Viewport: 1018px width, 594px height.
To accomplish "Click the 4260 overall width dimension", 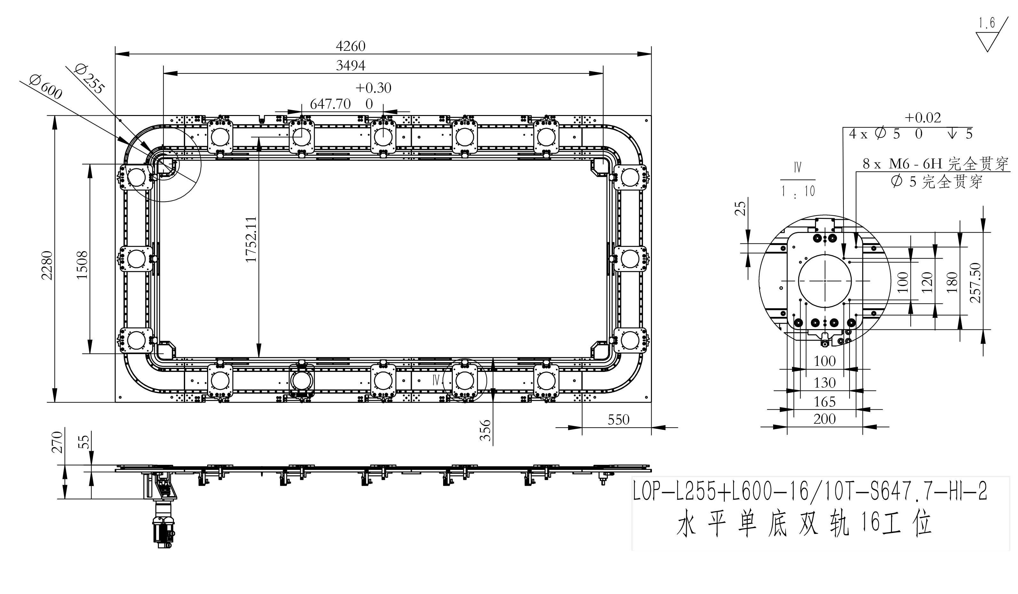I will (351, 46).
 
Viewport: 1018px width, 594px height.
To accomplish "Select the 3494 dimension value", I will (351, 66).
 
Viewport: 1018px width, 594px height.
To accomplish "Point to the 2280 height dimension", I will (47, 265).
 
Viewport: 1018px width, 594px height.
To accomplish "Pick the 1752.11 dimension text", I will (251, 239).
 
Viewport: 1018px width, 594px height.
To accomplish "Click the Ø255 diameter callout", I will (90, 79).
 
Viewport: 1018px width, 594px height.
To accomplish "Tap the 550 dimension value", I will (618, 420).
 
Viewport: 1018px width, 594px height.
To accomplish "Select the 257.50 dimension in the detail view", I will (975, 283).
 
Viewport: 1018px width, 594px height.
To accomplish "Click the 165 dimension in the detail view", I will (825, 402).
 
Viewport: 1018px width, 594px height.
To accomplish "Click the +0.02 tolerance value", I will (923, 118).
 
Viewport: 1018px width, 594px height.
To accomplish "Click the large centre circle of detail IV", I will (825, 281).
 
